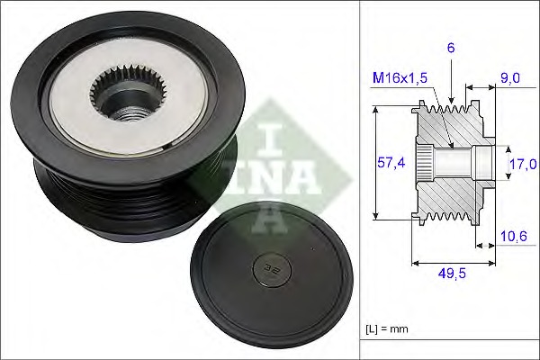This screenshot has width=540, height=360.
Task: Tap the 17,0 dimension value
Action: coord(523,164)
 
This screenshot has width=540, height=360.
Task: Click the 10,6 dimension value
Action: coord(512,236)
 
